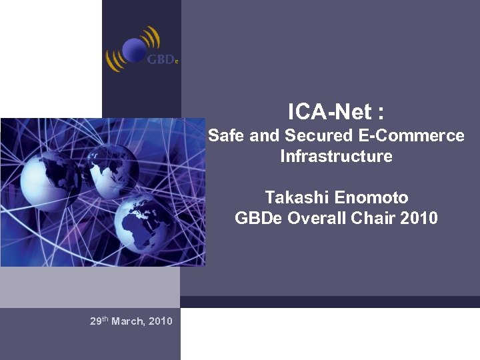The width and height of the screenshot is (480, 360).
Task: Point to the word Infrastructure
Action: (336, 157)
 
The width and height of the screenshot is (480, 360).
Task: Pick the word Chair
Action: (371, 218)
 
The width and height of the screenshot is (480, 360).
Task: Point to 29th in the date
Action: (99, 321)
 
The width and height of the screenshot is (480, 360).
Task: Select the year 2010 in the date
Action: (161, 321)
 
